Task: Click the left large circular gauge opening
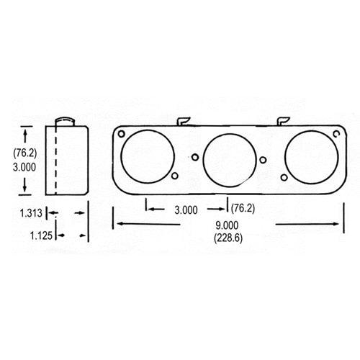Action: coord(148,156)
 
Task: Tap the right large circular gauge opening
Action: coord(310,156)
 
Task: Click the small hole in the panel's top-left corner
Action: coord(123,135)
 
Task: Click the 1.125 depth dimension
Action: coord(41,235)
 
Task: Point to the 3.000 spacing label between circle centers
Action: coord(186,210)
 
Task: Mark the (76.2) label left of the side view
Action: coord(25,152)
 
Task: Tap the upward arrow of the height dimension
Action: coord(26,131)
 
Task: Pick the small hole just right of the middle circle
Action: coord(263,160)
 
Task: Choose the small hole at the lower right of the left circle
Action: coord(174,176)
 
